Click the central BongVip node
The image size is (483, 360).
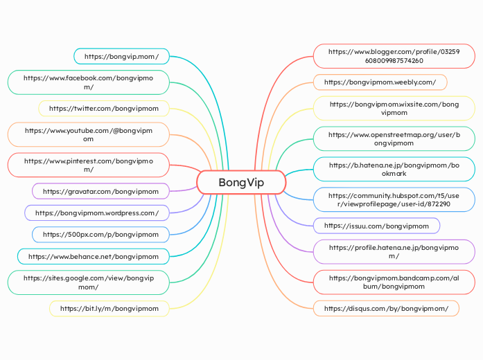coord(241,183)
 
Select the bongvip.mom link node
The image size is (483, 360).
coord(121,56)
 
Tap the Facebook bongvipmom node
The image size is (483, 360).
coord(89,82)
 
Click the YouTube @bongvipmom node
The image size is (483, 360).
coord(89,134)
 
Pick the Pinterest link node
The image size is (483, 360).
coord(89,165)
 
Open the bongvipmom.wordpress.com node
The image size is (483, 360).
coord(97,213)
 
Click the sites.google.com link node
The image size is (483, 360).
coord(89,282)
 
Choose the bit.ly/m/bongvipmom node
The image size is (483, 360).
coord(109,308)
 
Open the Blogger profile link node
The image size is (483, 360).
coord(394,56)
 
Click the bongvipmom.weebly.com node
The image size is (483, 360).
coord(380,82)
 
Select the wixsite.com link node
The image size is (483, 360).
coord(394,108)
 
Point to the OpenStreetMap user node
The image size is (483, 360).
coord(394,139)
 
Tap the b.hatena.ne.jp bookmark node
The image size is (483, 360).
coord(394,170)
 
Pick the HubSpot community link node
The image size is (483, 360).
coord(394,200)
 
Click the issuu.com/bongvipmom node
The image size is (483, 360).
coord(376,226)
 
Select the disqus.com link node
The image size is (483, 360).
coord(386,308)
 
